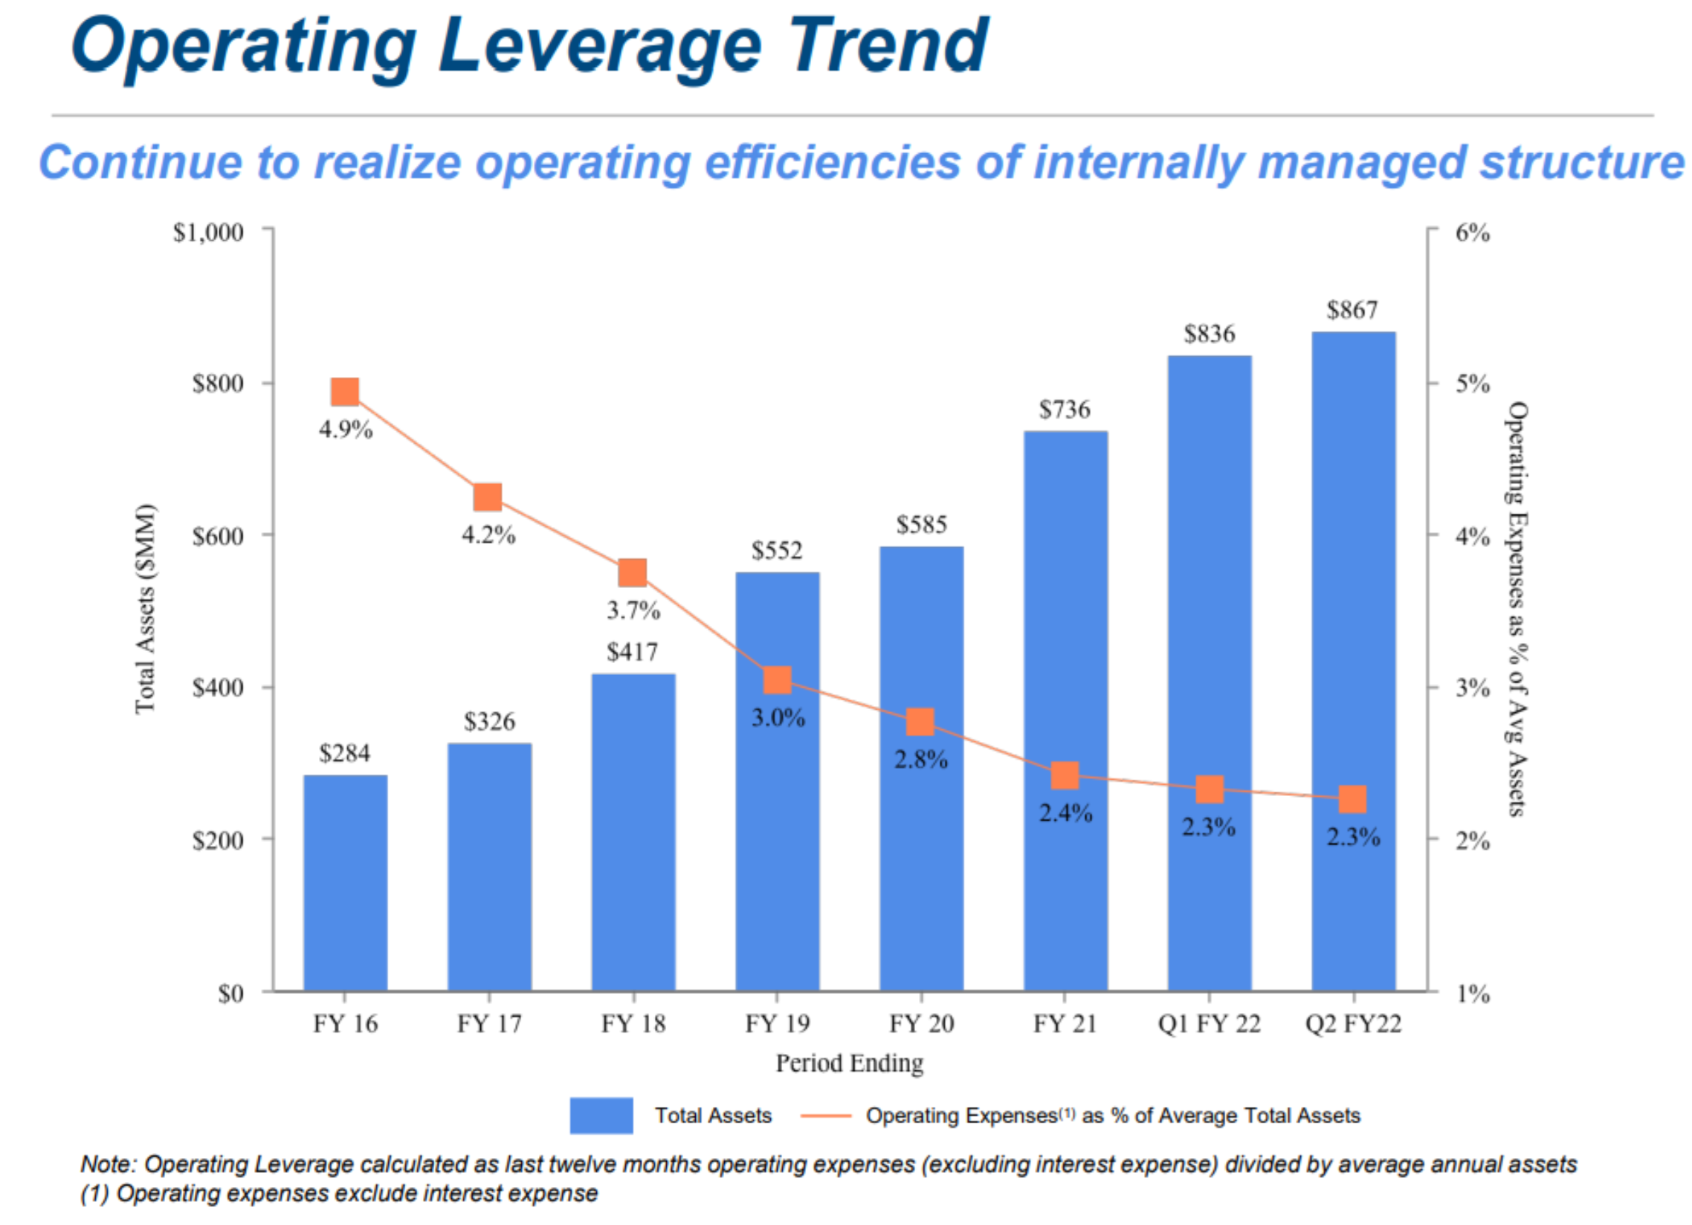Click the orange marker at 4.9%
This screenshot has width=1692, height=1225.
(345, 392)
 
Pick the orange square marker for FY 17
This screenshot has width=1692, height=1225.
(488, 497)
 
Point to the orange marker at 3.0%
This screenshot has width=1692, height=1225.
(777, 679)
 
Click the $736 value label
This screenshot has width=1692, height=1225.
(1065, 410)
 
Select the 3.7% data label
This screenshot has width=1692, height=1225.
(633, 611)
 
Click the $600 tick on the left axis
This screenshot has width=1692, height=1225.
(218, 536)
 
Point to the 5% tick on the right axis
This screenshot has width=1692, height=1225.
(1472, 384)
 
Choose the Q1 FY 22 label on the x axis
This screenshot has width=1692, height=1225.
(1209, 1024)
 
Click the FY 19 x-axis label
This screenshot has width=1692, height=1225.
(777, 1024)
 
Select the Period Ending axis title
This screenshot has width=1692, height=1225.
(849, 1063)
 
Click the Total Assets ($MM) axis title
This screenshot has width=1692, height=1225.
(145, 609)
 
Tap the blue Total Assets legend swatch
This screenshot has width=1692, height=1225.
(601, 1115)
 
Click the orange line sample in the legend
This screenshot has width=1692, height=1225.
(825, 1116)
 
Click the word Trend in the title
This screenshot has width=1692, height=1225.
(888, 46)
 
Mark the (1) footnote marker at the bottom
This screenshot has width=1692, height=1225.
(94, 1194)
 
